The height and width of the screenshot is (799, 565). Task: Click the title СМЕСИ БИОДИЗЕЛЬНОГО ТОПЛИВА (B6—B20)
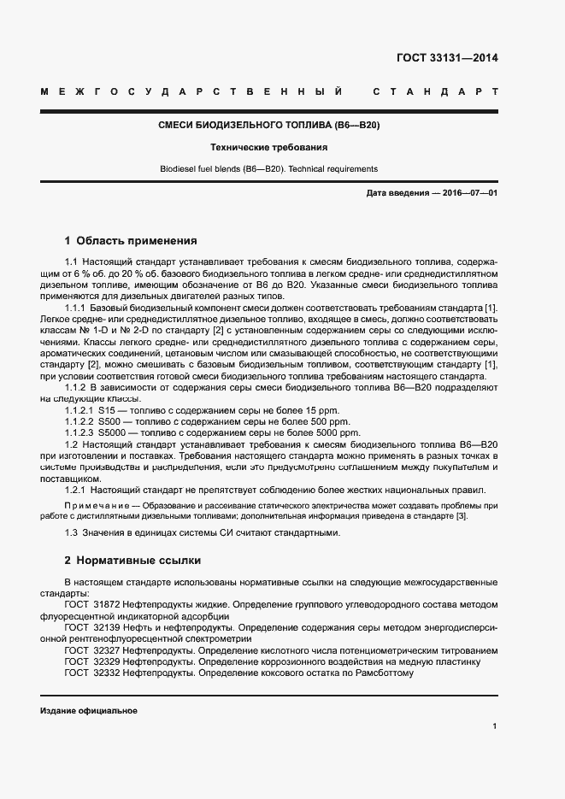269,125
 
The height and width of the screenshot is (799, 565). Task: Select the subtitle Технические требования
269,147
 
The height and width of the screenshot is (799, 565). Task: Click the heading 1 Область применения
131,240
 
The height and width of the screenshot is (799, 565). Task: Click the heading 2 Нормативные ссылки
132,561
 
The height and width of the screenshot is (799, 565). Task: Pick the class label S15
108,410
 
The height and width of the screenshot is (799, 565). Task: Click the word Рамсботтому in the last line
383,672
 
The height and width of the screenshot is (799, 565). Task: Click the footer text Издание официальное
89,711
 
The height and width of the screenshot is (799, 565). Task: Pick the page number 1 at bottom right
495,726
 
